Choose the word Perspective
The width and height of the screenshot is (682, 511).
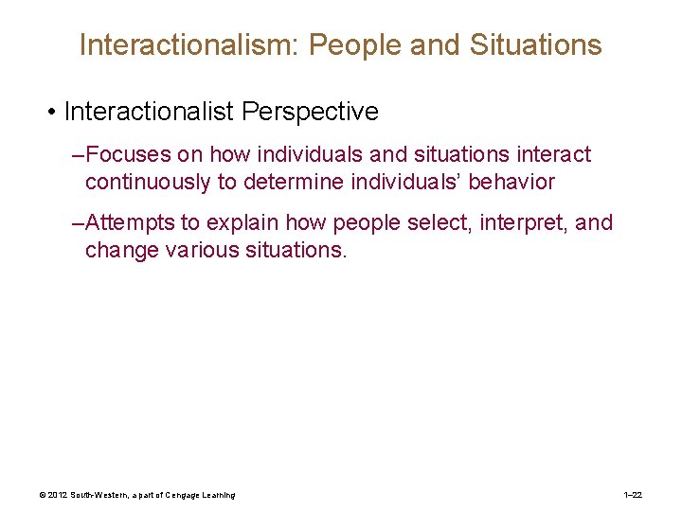310,112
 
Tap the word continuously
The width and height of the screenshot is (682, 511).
147,181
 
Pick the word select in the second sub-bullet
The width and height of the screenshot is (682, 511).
413,222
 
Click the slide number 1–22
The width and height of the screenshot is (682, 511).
634,495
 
